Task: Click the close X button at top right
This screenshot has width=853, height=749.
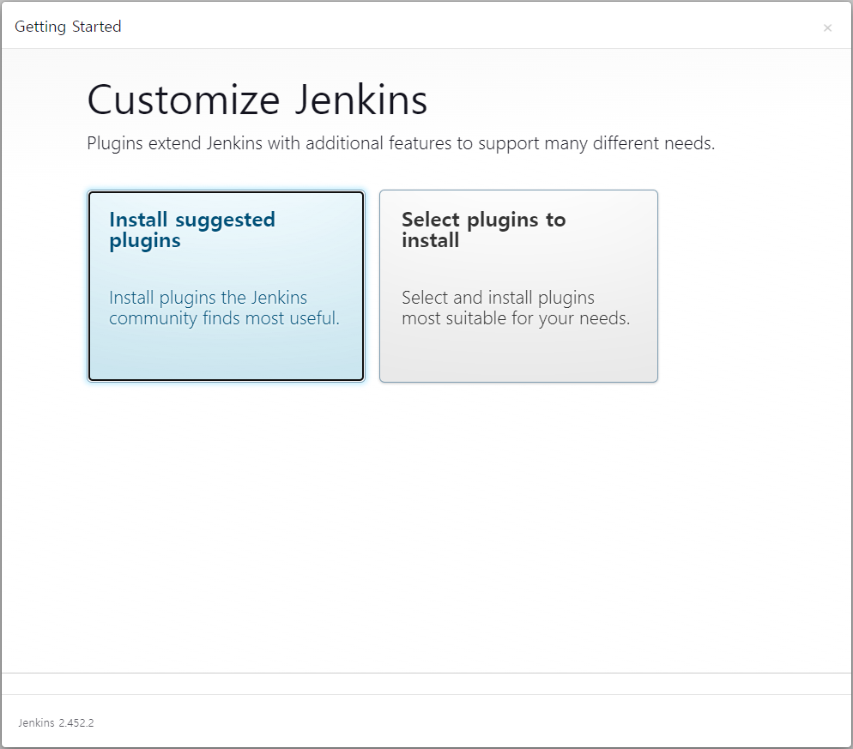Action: click(827, 27)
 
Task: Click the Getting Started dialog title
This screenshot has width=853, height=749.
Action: click(68, 27)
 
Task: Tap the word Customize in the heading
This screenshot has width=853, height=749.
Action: click(184, 100)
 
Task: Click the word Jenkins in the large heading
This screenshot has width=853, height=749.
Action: click(361, 100)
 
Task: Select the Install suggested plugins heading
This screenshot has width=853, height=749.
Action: click(192, 230)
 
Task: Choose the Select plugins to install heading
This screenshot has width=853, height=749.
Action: click(484, 230)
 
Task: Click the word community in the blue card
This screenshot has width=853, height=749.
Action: click(153, 318)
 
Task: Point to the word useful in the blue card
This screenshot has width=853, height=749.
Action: click(314, 317)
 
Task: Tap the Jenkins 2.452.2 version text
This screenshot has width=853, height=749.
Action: click(56, 723)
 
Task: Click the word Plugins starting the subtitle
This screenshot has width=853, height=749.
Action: click(115, 143)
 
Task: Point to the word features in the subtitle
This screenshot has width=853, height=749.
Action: click(420, 143)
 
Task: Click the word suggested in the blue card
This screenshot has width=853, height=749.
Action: click(225, 220)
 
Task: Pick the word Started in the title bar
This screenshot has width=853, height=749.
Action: click(97, 26)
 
